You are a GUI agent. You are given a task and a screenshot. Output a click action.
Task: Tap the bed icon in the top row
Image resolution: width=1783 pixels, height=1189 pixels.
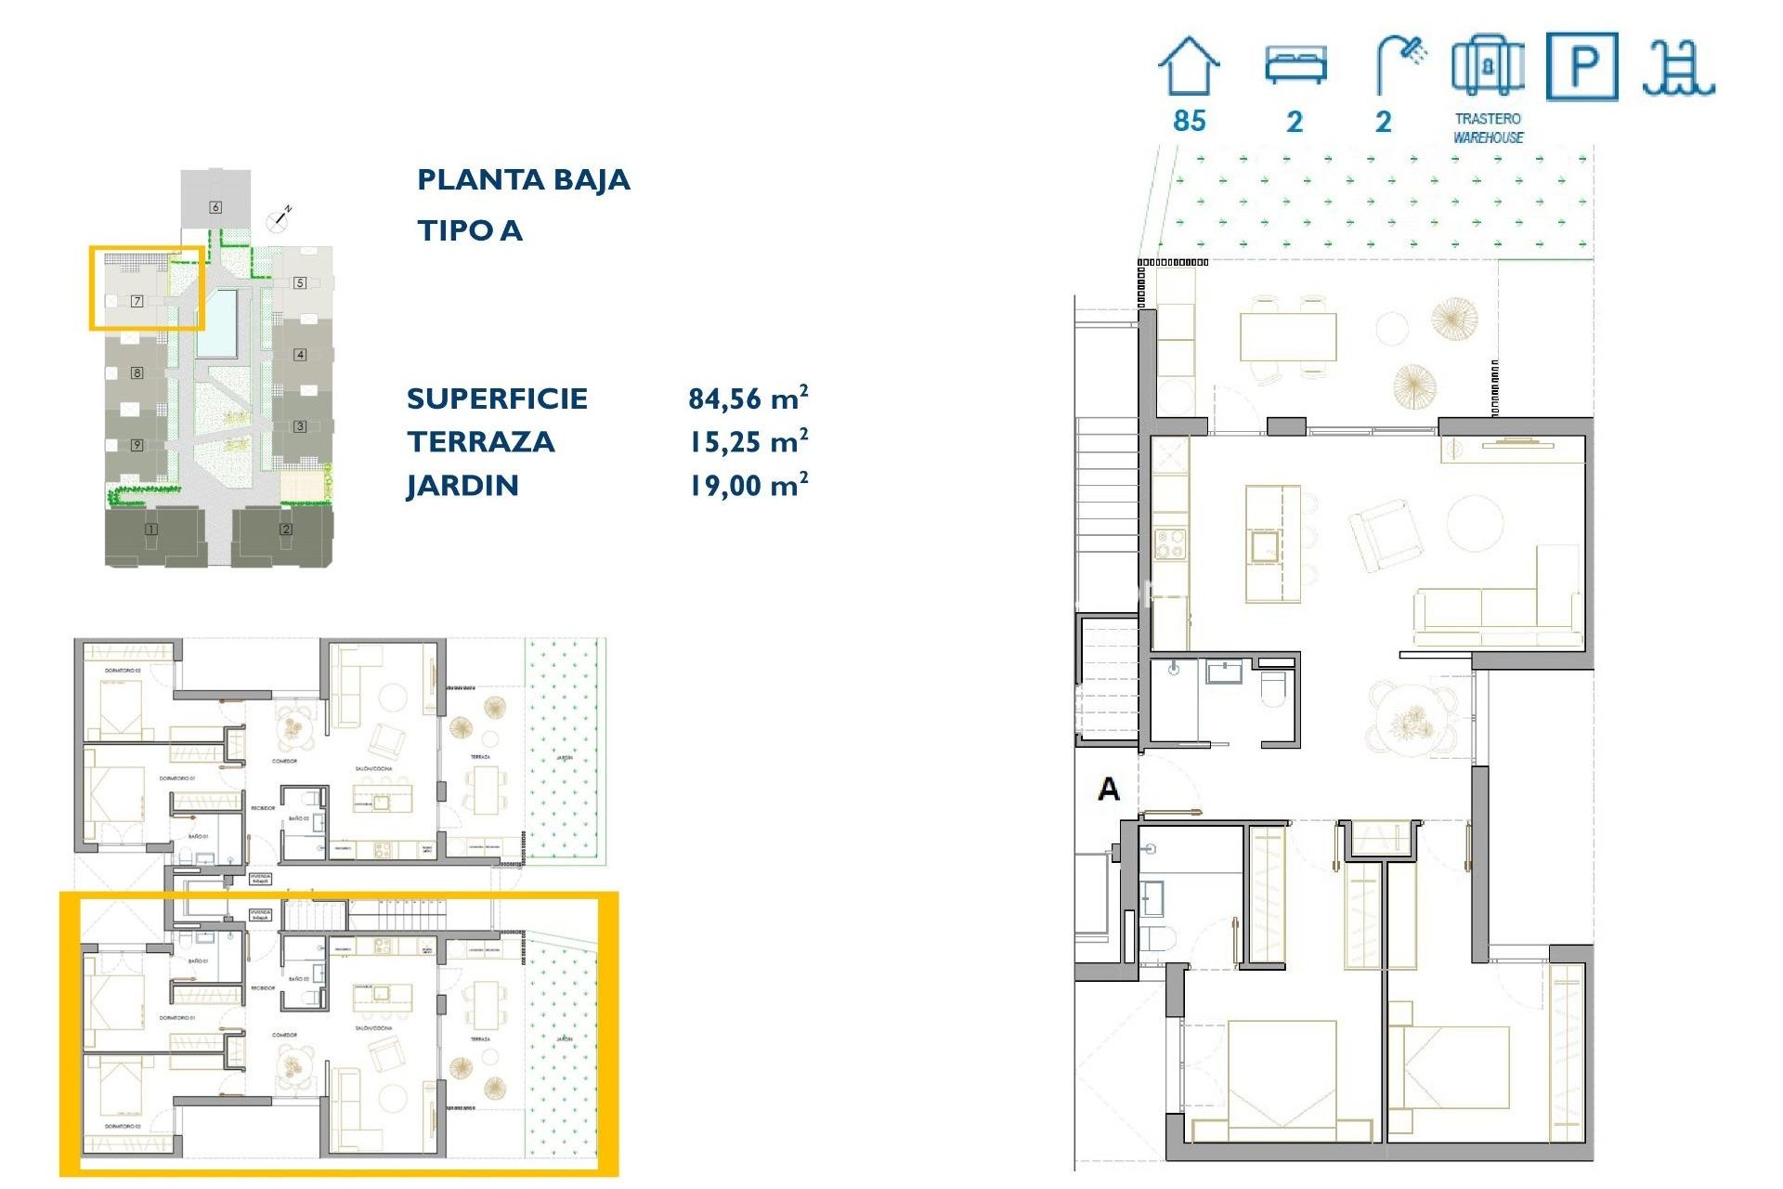point(1295,65)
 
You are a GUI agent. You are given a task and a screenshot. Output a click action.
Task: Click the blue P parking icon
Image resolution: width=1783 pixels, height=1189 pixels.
point(1581,66)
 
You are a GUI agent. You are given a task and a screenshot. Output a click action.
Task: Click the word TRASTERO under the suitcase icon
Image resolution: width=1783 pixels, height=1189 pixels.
point(1488,119)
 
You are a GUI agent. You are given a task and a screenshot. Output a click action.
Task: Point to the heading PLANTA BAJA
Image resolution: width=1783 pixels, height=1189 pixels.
point(523,179)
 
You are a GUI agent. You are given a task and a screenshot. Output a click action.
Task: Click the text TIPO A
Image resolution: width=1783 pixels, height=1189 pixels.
point(469,230)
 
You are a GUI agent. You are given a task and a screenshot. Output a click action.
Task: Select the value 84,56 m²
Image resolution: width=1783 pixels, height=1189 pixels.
point(748,399)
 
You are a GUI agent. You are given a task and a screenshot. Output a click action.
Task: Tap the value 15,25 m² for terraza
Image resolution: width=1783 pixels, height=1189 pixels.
point(748,442)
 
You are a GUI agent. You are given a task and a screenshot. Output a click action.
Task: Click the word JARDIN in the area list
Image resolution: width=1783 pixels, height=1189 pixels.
point(462,486)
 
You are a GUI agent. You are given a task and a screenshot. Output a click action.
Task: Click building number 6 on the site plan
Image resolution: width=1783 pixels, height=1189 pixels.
point(215,206)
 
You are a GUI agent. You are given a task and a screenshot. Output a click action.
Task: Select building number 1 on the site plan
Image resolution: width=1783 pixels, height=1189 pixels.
point(150,529)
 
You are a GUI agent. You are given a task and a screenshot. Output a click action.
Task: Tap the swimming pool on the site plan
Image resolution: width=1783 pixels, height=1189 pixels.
point(216,323)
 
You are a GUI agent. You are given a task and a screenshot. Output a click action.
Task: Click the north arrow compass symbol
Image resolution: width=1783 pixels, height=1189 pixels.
point(279,218)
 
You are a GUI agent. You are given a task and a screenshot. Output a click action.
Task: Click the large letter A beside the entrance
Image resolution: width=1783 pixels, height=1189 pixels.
point(1109,790)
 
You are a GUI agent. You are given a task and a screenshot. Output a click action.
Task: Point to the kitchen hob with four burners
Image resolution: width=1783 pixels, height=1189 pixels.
point(1169,543)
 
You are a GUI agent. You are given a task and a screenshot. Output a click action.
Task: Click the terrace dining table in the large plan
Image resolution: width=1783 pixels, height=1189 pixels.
point(1288,336)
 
